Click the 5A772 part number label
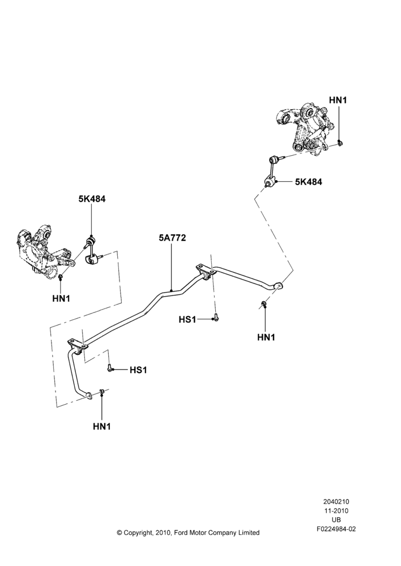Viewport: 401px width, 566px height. pos(172,238)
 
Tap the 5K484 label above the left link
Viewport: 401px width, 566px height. pos(92,199)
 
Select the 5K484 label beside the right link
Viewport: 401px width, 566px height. pos(309,182)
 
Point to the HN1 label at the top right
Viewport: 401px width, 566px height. pos(338,100)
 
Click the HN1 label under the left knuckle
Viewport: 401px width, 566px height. pos(61,298)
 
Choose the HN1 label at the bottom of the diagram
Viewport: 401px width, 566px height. pos(101,426)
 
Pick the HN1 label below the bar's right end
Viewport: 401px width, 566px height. pos(266,337)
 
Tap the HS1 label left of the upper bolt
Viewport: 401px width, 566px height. pos(187,319)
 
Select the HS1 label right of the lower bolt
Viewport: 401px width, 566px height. pos(138,370)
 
